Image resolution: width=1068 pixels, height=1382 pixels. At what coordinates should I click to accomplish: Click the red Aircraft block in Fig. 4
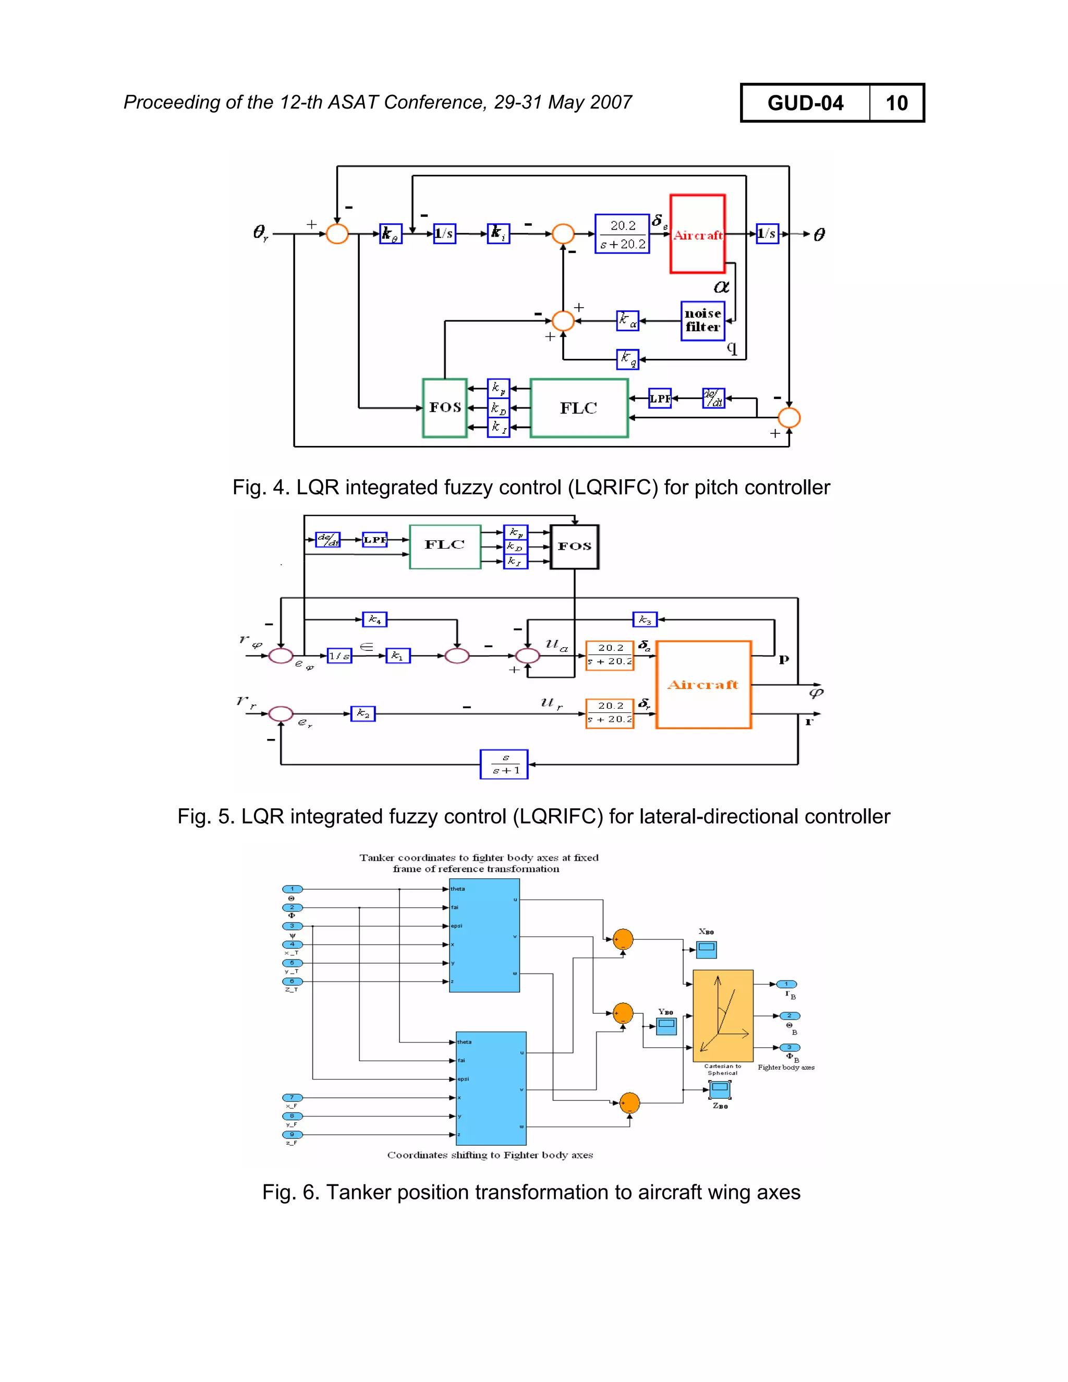tap(697, 234)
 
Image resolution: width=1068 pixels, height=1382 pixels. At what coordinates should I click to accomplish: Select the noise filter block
tap(702, 321)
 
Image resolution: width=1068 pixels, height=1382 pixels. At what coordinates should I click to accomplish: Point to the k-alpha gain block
tap(628, 321)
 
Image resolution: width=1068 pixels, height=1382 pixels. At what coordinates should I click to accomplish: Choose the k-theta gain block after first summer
tap(391, 234)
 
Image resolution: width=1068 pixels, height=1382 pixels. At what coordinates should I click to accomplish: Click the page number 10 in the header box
tap(896, 103)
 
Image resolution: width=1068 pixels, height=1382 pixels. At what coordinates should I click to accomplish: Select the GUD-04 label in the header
tap(805, 103)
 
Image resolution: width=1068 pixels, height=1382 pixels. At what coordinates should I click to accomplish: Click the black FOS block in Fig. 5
tap(574, 547)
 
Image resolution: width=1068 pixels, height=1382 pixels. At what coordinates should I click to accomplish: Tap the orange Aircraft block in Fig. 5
tap(703, 685)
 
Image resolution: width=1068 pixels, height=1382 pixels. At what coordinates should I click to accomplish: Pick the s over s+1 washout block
tap(504, 765)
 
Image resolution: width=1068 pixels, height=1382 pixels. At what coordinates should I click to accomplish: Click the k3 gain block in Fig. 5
tap(645, 620)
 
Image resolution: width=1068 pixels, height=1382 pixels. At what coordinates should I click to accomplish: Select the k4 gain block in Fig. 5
tap(374, 620)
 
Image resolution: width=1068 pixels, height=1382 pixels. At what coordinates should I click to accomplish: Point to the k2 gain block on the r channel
tap(362, 714)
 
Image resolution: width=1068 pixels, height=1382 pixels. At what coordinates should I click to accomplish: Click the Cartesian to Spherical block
tap(723, 1015)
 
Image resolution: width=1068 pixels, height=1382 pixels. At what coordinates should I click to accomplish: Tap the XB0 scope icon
tap(706, 949)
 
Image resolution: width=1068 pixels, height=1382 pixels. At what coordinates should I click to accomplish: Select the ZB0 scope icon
tap(719, 1089)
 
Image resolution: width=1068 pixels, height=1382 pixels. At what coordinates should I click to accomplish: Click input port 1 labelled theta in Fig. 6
tap(293, 889)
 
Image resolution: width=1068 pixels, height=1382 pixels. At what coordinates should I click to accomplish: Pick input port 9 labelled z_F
tap(293, 1135)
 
